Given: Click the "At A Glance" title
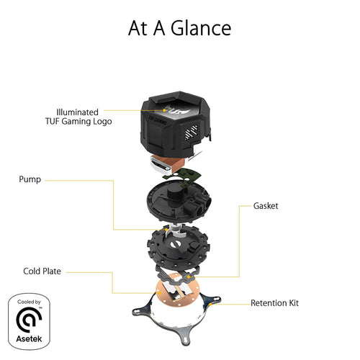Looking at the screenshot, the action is [179, 28].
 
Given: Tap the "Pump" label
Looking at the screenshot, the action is [30, 179].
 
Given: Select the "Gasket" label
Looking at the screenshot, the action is [266, 206].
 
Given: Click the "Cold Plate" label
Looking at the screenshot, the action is [42, 271].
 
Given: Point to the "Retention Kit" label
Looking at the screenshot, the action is [274, 303].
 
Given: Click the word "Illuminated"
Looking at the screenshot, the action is [77, 112].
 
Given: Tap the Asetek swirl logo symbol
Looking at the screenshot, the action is [29, 320].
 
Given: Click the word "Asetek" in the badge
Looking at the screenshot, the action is [29, 339].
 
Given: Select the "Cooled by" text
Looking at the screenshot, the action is [29, 302].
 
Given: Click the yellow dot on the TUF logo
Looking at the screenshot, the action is [164, 110].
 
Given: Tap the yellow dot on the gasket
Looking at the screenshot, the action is [189, 277].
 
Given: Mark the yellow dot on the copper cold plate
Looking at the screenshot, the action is [158, 293].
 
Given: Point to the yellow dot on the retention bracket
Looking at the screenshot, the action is [210, 305].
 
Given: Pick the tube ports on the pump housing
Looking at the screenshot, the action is [198, 204].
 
